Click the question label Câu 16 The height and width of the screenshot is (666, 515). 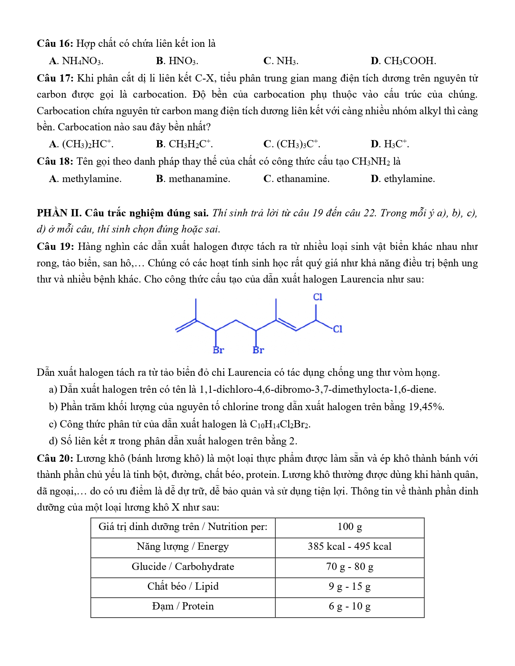55,44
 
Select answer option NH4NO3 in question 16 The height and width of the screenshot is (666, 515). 82,61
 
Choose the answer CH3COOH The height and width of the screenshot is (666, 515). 410,61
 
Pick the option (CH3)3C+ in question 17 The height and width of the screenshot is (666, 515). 298,144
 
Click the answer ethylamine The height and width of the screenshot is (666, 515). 409,179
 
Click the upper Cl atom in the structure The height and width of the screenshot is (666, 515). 318,297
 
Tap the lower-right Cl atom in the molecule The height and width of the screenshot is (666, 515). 337,329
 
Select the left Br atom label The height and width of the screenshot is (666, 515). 218,350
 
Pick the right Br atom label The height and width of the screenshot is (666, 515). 258,350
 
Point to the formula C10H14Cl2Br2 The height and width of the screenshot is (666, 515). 280,424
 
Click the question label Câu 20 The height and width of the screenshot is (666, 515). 55,459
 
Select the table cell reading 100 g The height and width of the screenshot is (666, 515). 350,527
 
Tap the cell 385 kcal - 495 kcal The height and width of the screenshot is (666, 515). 350,547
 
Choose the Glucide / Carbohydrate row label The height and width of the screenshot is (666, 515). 183,567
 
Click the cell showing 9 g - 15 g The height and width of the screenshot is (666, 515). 350,586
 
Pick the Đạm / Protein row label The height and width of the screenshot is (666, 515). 183,606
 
